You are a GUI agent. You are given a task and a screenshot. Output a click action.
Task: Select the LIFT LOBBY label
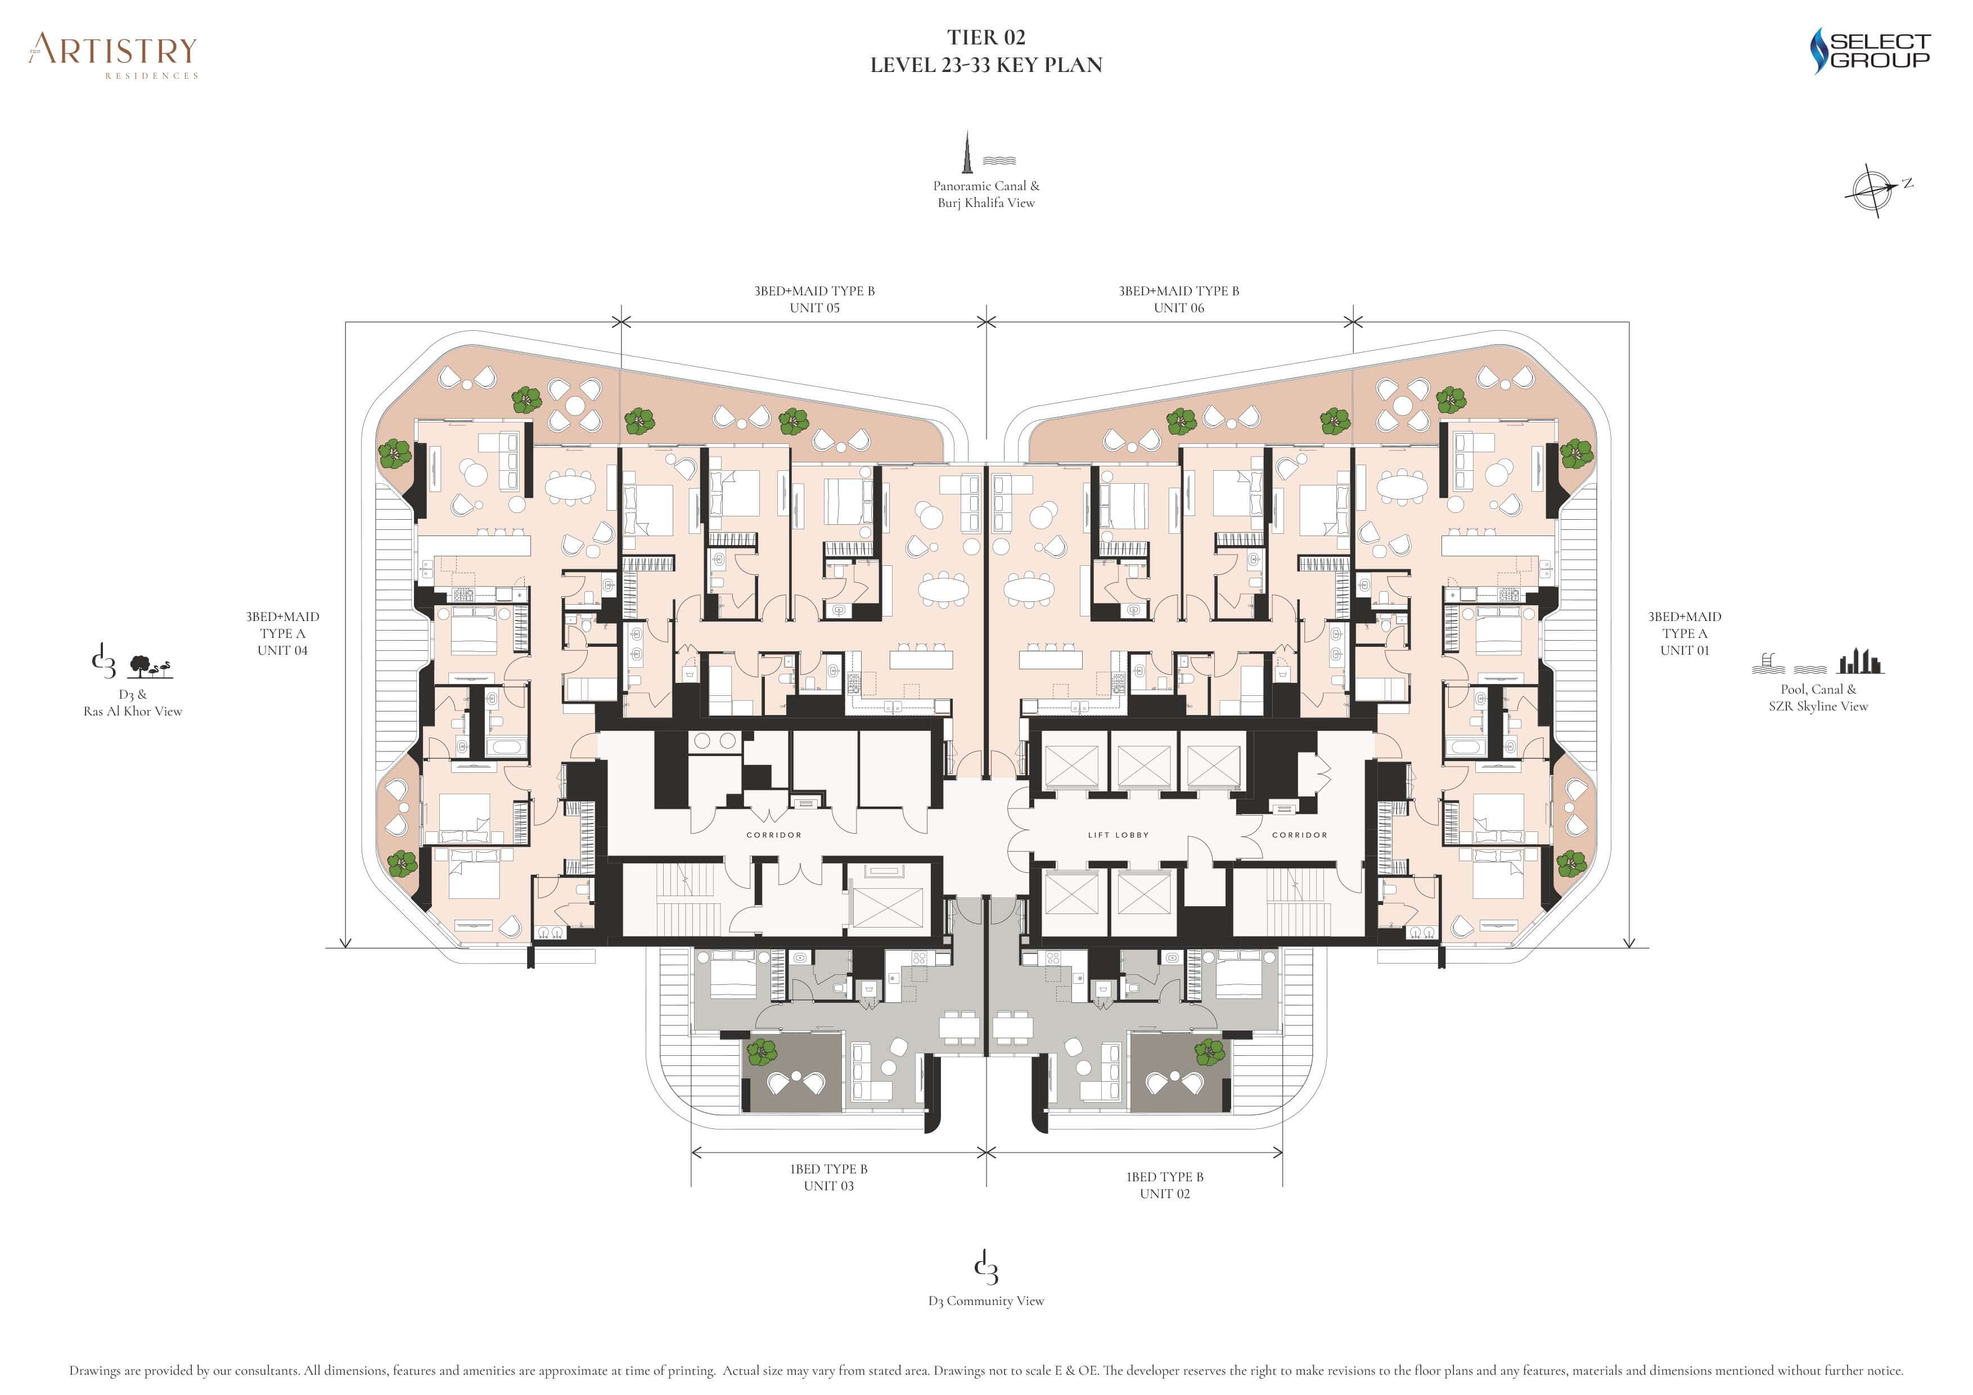pyautogui.click(x=1118, y=835)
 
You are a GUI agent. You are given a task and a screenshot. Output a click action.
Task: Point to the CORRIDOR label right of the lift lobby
pyautogui.click(x=1299, y=835)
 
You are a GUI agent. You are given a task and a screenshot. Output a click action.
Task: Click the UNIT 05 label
pyautogui.click(x=814, y=308)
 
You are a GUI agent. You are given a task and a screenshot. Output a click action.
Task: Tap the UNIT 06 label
pyautogui.click(x=1179, y=308)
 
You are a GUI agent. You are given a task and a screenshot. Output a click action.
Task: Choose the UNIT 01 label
pyautogui.click(x=1684, y=651)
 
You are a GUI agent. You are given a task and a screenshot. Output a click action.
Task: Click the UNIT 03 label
pyautogui.click(x=828, y=1186)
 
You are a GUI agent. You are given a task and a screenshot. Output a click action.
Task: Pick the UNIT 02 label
pyautogui.click(x=1164, y=1194)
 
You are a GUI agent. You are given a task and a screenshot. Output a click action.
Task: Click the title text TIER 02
pyautogui.click(x=985, y=38)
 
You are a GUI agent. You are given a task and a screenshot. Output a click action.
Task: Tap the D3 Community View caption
pyautogui.click(x=985, y=1301)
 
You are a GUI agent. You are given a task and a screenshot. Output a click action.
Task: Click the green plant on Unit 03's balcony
pyautogui.click(x=762, y=1052)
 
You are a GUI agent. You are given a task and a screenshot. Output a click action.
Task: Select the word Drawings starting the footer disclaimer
pyautogui.click(x=96, y=1371)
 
